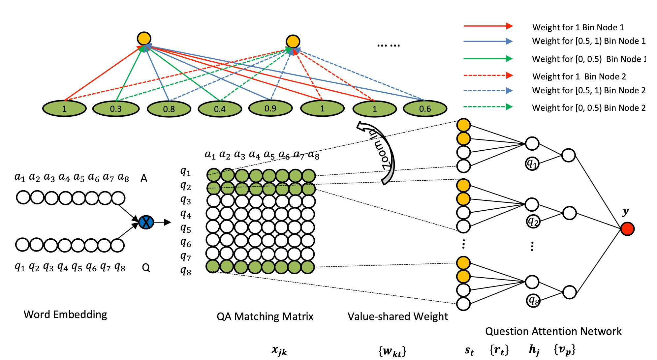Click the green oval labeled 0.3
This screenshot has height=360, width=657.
(116, 109)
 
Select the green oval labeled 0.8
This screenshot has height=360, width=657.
(169, 109)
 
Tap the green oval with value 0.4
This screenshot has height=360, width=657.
(220, 109)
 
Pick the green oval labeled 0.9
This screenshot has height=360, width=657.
(270, 108)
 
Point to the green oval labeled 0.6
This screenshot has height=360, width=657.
(425, 109)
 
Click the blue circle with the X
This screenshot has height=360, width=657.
(146, 222)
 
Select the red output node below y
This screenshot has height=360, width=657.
(627, 229)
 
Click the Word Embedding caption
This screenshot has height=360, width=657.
(65, 315)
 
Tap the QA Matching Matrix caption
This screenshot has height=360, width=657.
(265, 316)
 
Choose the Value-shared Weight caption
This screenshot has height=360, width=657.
(397, 316)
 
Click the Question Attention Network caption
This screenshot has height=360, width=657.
(553, 331)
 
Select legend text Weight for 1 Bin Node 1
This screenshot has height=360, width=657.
(578, 27)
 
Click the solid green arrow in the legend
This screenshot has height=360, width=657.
(488, 59)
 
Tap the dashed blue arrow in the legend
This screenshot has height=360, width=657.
(488, 91)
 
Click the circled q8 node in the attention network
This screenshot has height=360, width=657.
(533, 300)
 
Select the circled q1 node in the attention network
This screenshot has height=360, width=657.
(532, 163)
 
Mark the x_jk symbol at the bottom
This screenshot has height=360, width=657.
(279, 350)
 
